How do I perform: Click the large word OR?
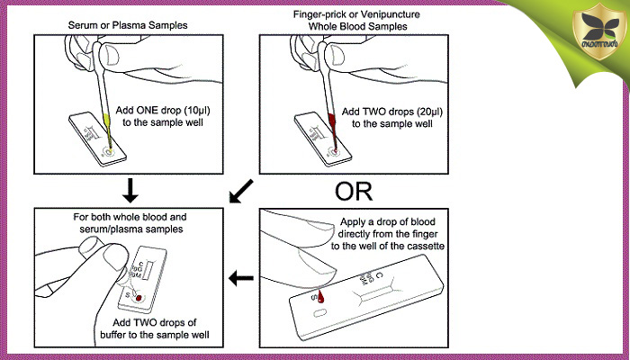click(353, 192)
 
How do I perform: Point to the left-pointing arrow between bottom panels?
click(241, 279)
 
